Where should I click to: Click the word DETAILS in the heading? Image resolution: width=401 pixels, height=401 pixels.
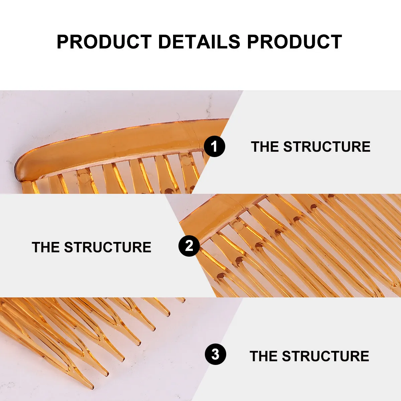tap(199, 42)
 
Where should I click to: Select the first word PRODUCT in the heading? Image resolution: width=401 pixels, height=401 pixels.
tap(104, 42)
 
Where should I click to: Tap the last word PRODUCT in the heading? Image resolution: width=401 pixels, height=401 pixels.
tap(294, 42)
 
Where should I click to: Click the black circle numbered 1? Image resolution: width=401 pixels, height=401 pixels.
tap(215, 146)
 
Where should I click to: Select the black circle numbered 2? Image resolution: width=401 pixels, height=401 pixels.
tap(189, 246)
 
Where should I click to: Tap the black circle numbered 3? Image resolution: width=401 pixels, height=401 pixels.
tap(216, 354)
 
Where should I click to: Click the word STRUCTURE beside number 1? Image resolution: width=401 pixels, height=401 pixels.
tap(327, 147)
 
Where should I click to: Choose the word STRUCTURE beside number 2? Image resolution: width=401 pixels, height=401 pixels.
tap(108, 247)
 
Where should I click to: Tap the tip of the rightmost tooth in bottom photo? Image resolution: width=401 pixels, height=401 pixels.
tap(183, 301)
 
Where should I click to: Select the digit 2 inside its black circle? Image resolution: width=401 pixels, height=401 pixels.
tap(189, 246)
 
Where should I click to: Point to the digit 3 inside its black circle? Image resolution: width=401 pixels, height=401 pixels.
tap(216, 354)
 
